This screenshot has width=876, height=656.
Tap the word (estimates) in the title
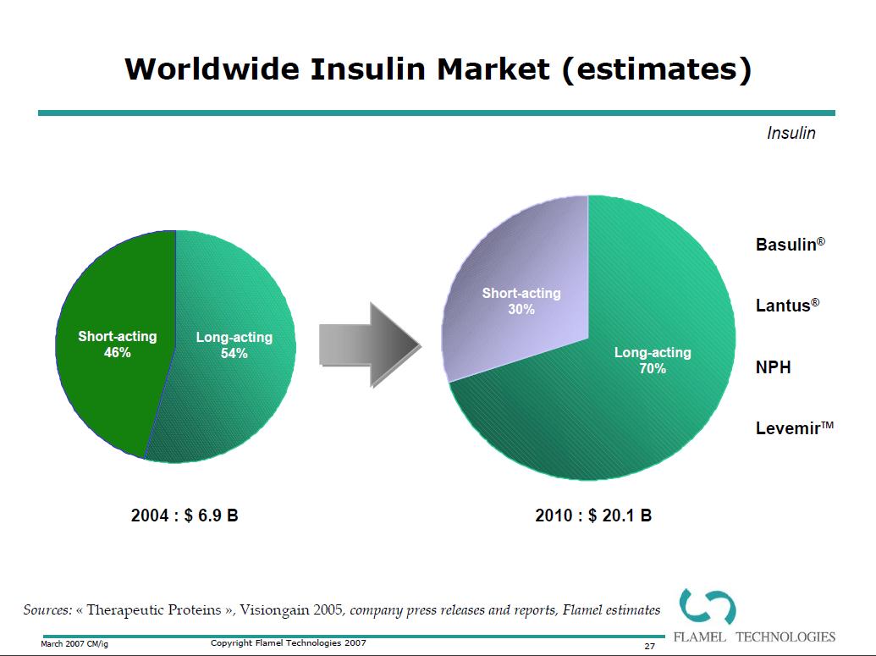click(656, 69)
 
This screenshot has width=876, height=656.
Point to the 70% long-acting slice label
click(652, 361)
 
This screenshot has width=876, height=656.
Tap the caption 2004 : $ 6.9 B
click(185, 515)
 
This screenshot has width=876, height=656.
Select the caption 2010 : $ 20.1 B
click(593, 515)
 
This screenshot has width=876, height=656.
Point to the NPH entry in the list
click(773, 367)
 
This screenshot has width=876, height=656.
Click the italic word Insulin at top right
click(791, 134)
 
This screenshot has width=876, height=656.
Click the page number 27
click(650, 646)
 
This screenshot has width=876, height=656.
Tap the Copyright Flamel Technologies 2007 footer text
click(288, 643)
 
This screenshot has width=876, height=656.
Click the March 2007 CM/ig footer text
click(74, 644)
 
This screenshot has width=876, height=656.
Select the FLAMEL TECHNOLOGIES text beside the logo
click(753, 637)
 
